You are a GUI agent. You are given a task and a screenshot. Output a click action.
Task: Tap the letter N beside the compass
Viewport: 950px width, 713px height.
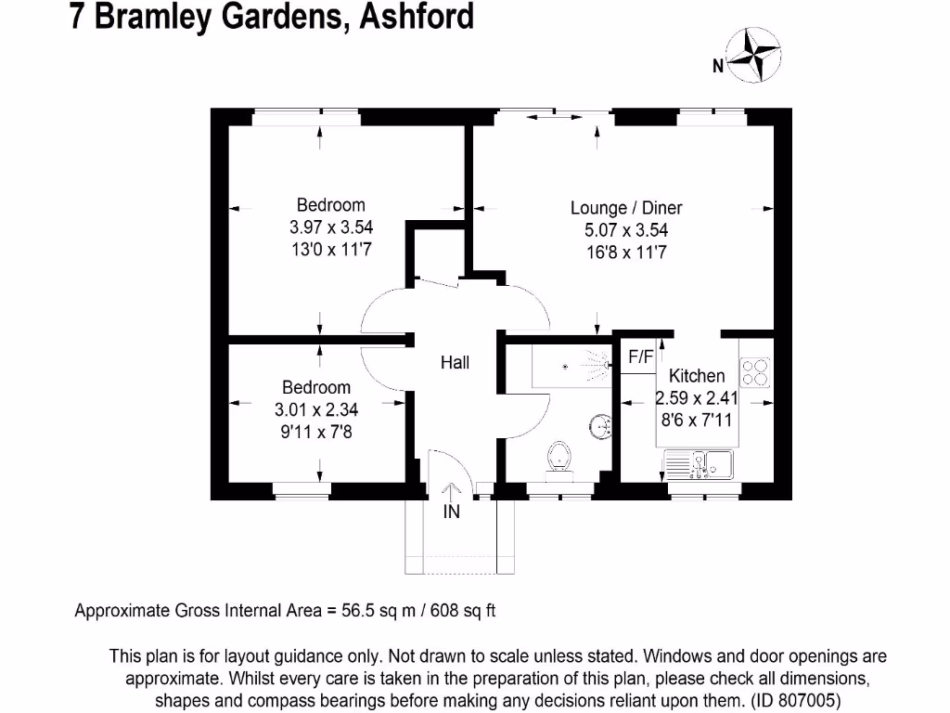click(x=717, y=66)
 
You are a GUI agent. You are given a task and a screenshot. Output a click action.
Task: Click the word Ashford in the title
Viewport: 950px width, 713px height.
click(x=408, y=16)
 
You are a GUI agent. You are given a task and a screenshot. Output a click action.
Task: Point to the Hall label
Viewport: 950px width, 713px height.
click(x=455, y=363)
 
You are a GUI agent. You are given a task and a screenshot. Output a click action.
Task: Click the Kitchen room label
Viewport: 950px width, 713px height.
click(x=697, y=376)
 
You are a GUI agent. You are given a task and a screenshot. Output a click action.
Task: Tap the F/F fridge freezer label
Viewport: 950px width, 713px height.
click(x=641, y=356)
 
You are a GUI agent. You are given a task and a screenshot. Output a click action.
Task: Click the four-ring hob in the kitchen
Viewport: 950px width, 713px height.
click(x=755, y=372)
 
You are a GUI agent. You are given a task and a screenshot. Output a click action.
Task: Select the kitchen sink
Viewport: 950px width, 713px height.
click(x=700, y=463)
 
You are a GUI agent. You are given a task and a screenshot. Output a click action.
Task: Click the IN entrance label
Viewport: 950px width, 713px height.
click(x=452, y=511)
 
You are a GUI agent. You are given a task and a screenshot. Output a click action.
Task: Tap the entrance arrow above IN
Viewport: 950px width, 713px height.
click(x=452, y=493)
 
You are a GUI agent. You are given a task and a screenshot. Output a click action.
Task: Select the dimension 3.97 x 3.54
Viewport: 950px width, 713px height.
click(x=331, y=227)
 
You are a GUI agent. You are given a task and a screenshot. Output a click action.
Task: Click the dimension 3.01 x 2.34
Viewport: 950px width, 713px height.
click(x=316, y=408)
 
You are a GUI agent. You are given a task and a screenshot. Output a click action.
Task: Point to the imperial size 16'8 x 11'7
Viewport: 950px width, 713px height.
click(x=619, y=252)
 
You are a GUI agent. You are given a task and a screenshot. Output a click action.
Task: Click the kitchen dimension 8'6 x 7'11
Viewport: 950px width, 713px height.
click(x=697, y=420)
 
